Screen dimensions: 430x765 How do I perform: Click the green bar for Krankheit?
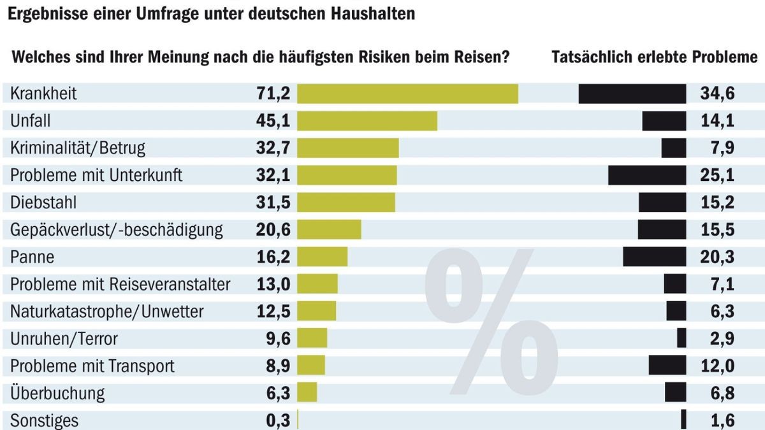[x=407, y=94]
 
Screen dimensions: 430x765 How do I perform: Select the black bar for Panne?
[x=654, y=257]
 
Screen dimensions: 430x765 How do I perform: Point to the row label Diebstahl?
[x=43, y=203]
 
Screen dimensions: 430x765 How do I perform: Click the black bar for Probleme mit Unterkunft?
[x=647, y=175]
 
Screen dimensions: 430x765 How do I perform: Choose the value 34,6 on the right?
[x=717, y=94]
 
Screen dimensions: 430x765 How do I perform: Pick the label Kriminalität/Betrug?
[x=78, y=148]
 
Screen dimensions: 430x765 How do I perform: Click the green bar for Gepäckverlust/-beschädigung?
[x=329, y=230]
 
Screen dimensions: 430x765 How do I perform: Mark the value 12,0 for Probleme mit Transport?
[x=717, y=366]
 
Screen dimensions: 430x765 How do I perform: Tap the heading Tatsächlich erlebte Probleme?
[x=654, y=57]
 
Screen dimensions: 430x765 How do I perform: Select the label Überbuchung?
[x=57, y=393]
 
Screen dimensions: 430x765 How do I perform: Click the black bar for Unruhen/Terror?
[x=681, y=338]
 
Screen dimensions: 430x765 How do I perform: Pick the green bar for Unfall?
[x=367, y=121]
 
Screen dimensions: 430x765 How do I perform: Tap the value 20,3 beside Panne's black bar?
[x=717, y=257]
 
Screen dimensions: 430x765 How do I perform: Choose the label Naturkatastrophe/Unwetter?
[x=106, y=312]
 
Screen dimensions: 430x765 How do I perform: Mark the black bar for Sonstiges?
[x=684, y=420]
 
